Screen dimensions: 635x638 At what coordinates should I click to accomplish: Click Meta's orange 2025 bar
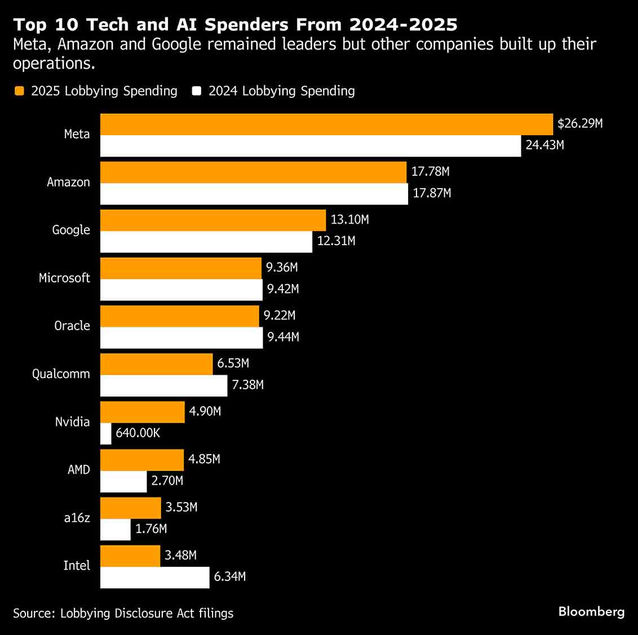tap(326, 124)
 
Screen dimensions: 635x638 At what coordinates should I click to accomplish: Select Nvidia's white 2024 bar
tap(106, 433)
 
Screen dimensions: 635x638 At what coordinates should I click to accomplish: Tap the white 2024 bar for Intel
tap(155, 577)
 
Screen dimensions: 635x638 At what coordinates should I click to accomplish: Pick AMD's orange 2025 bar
tap(142, 460)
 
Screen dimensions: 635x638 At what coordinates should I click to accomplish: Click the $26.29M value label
tap(580, 123)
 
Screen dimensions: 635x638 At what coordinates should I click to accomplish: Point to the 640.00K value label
tap(138, 433)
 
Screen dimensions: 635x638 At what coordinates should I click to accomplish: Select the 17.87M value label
tap(432, 193)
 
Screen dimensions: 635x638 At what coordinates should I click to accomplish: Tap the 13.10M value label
tap(349, 220)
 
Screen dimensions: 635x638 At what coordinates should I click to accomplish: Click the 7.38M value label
tap(248, 385)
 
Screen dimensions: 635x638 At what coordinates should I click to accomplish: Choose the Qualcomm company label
tap(61, 374)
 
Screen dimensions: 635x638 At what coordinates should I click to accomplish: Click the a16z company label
tap(77, 518)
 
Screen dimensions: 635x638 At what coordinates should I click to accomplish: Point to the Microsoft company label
tap(64, 278)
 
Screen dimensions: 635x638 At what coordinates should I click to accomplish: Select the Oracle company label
tap(72, 326)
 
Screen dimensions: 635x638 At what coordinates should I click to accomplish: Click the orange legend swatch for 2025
tap(20, 91)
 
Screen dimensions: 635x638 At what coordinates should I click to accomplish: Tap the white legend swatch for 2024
tap(197, 91)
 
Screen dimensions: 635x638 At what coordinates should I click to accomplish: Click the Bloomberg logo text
tap(591, 612)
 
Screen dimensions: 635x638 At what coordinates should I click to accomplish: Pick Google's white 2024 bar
tap(206, 242)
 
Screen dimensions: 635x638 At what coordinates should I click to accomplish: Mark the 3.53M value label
tap(181, 507)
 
